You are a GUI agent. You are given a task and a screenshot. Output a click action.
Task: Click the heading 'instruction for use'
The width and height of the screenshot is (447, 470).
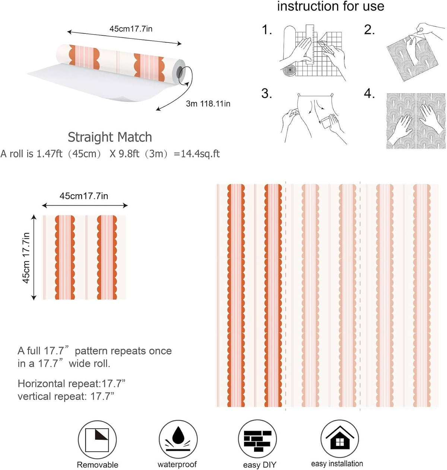[330, 6]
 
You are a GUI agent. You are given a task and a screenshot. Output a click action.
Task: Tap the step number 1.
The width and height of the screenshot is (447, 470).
[267, 30]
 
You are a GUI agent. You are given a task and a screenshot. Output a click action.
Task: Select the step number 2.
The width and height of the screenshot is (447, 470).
[369, 30]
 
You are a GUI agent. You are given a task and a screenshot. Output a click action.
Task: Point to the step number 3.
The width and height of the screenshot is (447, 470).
[267, 93]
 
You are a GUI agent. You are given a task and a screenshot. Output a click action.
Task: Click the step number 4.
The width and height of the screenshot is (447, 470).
[369, 93]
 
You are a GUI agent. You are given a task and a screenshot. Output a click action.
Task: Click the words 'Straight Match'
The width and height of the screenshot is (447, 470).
[110, 137]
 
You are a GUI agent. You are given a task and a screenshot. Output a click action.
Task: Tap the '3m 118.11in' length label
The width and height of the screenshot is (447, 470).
[208, 103]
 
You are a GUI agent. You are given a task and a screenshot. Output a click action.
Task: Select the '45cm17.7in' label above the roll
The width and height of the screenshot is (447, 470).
[131, 29]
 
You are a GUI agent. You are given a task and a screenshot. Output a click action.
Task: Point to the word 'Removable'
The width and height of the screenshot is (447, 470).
[97, 465]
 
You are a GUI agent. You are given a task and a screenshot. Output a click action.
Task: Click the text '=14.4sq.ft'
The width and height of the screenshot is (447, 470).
[197, 153]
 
